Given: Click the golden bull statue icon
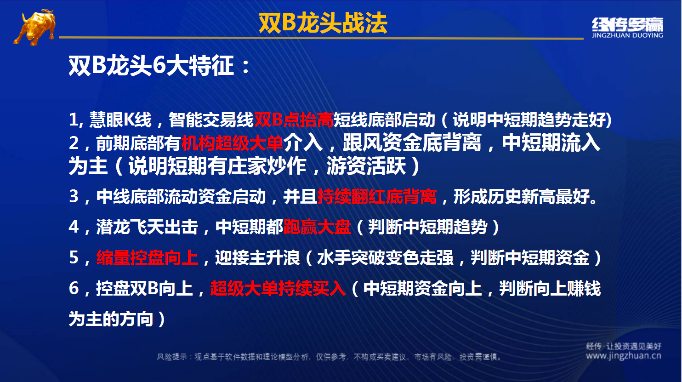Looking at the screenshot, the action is pos(35,28).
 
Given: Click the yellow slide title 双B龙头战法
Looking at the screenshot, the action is pos(323,23).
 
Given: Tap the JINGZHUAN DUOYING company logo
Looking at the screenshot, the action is pos(627,28).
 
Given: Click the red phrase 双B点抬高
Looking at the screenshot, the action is pos(294,120).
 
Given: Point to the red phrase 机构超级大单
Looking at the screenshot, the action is pos(232,143).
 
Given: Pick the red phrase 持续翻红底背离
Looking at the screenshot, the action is pos(377,196).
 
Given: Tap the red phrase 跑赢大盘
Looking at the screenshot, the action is pos(317,227).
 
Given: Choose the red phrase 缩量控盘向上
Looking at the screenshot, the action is pos(148,258).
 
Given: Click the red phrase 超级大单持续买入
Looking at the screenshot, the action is pos(278,288).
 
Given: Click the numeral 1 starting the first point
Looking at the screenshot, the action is pos(74,120).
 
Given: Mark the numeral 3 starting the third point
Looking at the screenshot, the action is pos(74,196).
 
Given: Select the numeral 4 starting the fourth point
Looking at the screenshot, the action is pos(74,227).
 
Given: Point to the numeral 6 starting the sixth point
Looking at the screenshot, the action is pos(74,288).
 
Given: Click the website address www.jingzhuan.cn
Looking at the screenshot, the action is pos(624,356).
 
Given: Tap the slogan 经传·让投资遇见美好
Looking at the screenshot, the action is pos(624,346).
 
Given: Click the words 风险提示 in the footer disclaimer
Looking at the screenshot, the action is pos(172,357).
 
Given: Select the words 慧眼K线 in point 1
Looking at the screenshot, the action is pos(120,120).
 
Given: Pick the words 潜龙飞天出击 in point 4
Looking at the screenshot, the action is pos(148,227).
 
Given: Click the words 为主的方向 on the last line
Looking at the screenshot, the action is pos(111,319).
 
